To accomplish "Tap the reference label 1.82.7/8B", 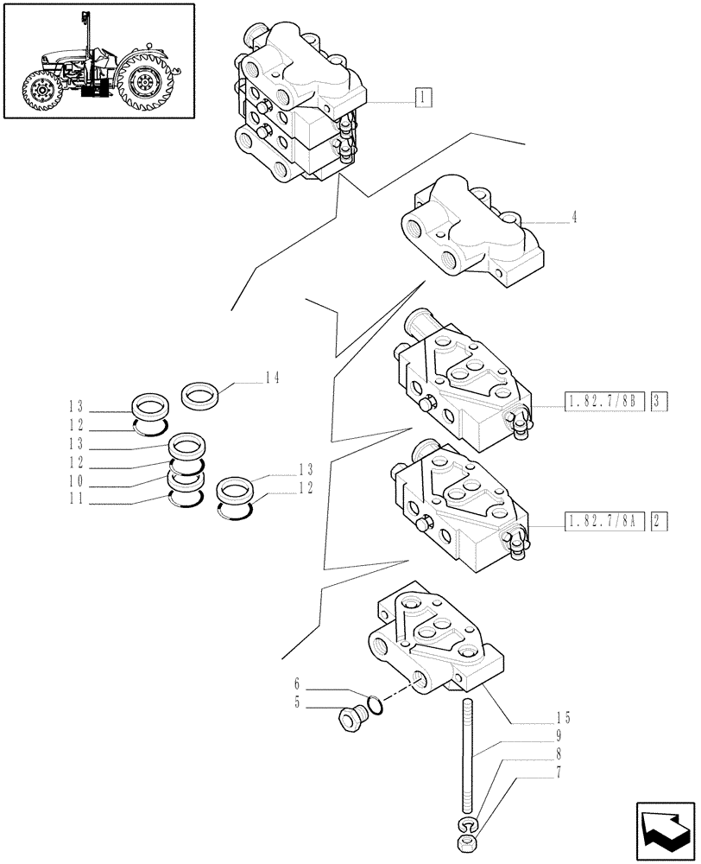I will coord(604,401).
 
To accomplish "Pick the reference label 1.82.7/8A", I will coord(604,521).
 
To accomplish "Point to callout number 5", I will coord(299,703).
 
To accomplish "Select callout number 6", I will coord(299,688).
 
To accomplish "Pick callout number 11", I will coord(75,499).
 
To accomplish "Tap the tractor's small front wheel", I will coord(40,92).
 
